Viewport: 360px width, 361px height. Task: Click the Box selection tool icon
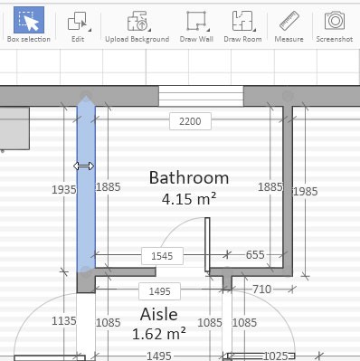click(x=29, y=20)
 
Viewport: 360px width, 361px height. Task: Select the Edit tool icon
click(x=79, y=21)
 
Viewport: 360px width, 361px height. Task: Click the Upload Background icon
click(x=138, y=21)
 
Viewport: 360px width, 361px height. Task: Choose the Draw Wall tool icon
click(x=197, y=21)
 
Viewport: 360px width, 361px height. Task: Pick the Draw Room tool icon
click(x=243, y=21)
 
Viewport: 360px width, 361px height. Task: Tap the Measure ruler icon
click(x=289, y=21)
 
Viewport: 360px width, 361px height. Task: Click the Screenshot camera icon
click(x=335, y=21)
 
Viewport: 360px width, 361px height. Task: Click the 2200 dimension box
click(x=190, y=121)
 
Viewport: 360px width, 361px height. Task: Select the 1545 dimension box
click(x=162, y=256)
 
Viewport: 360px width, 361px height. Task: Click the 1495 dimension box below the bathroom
click(x=159, y=291)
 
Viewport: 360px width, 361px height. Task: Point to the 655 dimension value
click(x=255, y=255)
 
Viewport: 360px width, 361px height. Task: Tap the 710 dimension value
click(x=261, y=290)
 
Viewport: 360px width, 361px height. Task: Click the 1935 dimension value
click(x=64, y=190)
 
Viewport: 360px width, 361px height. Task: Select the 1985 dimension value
click(x=305, y=192)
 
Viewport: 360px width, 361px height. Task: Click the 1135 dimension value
click(x=64, y=321)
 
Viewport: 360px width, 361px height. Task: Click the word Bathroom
click(x=189, y=177)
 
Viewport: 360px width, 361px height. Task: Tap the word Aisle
click(x=159, y=315)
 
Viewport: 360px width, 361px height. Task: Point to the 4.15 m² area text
click(x=189, y=199)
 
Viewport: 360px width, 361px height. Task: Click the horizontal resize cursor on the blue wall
click(x=84, y=166)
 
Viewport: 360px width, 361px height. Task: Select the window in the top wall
click(x=201, y=96)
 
